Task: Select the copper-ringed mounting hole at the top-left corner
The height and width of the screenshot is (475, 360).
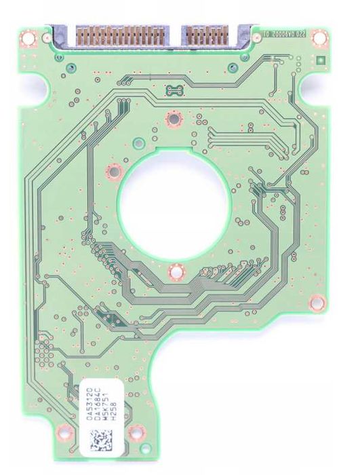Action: coord(28,38)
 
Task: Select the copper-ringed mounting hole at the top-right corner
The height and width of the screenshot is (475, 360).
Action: coord(317,37)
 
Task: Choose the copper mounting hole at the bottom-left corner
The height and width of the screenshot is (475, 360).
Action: coord(64,430)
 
